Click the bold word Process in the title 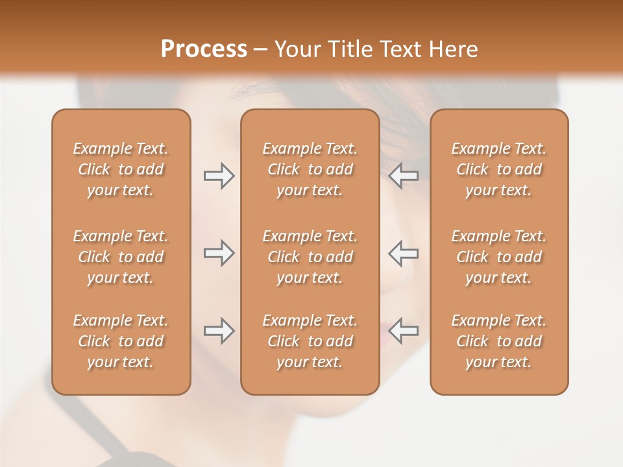pos(204,49)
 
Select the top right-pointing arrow pos(219,176)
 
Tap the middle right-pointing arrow pos(219,253)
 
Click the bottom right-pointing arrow pos(219,331)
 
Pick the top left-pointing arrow pos(404,176)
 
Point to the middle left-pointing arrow pos(404,253)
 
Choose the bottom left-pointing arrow pos(404,331)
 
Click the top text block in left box pos(121,169)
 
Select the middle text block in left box pos(121,257)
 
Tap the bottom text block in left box pos(121,341)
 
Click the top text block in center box pos(310,169)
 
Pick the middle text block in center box pos(310,257)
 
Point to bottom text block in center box pos(310,341)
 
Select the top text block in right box pos(499,169)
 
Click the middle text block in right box pos(499,257)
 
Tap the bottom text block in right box pos(499,341)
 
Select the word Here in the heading pos(452,49)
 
